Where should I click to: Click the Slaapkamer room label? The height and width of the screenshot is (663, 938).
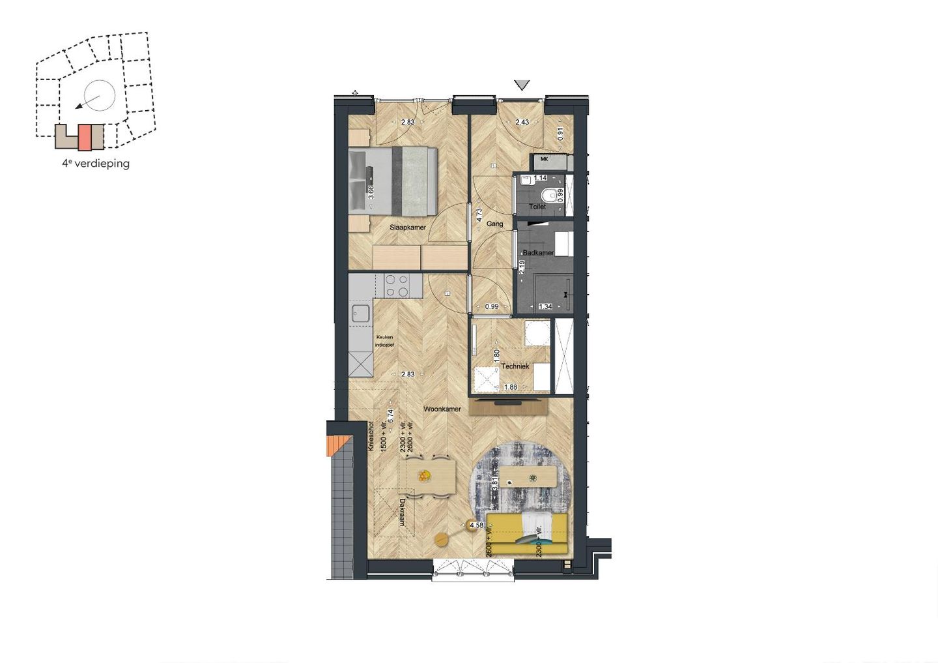[408, 228]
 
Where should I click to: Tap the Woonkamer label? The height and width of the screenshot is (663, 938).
[442, 409]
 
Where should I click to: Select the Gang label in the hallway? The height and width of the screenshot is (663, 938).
[494, 224]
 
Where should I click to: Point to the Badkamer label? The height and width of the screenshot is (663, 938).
[538, 253]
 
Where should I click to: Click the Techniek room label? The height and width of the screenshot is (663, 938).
[515, 366]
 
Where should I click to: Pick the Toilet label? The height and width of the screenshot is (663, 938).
[537, 207]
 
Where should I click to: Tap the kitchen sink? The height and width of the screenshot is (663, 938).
[360, 314]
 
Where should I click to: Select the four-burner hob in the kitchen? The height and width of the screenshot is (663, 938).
[397, 286]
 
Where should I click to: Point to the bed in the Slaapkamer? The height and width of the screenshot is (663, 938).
[392, 181]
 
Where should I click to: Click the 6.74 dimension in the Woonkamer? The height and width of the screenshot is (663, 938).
[391, 417]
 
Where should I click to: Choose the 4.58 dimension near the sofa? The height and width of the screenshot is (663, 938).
[476, 525]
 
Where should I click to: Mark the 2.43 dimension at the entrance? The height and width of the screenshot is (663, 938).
[522, 122]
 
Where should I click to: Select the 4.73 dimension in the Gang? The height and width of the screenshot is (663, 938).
[479, 215]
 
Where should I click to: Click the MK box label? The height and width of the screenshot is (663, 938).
[545, 159]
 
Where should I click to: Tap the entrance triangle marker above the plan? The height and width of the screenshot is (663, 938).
[522, 85]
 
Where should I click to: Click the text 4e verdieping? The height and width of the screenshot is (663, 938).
[96, 164]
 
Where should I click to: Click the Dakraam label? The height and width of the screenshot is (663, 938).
[403, 513]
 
